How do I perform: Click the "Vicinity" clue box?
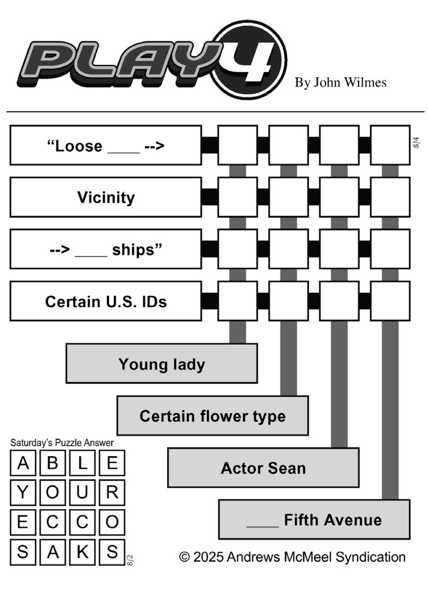click(105, 197)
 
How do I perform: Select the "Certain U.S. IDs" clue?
click(105, 302)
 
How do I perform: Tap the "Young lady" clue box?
click(162, 364)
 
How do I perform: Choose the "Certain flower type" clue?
click(213, 415)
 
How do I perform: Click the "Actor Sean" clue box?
click(263, 467)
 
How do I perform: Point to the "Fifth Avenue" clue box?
click(314, 520)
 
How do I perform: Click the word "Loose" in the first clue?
click(79, 146)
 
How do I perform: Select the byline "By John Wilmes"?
click(340, 82)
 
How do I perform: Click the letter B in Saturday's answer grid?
click(52, 463)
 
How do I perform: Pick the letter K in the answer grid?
click(82, 552)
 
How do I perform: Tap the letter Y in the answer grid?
click(23, 492)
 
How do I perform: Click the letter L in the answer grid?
click(82, 463)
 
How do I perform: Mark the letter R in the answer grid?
click(112, 492)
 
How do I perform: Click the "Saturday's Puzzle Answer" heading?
click(62, 443)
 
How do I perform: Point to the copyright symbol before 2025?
click(184, 557)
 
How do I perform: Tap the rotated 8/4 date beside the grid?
click(416, 143)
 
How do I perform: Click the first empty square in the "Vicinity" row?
click(238, 197)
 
